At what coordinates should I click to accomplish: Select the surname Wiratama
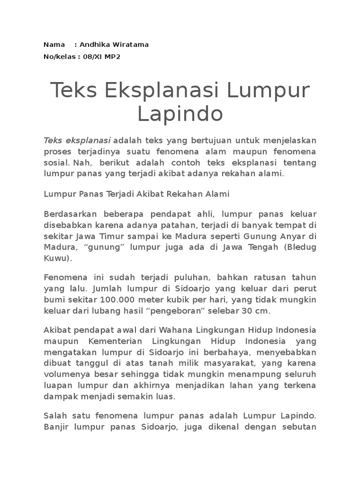(x=131, y=45)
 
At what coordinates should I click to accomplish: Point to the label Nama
(x=54, y=45)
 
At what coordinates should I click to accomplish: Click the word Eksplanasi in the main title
(x=164, y=90)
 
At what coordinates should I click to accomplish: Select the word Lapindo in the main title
(x=180, y=114)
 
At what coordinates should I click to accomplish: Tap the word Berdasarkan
(x=66, y=215)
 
